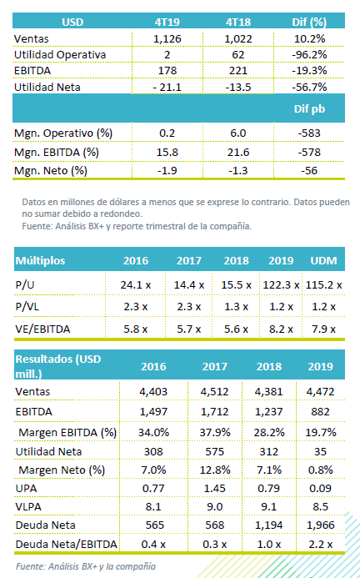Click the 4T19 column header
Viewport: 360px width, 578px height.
167,23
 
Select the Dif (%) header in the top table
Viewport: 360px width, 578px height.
309,23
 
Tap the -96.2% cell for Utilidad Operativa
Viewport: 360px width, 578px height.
309,54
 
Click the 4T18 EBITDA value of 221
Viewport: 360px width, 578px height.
238,70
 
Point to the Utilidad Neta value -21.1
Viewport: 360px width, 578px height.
167,87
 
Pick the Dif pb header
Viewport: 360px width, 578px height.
309,108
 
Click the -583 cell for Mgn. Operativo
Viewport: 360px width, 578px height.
309,133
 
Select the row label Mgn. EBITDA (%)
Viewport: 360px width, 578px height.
57,153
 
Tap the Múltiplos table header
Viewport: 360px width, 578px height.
40,260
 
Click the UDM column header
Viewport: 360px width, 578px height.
323,260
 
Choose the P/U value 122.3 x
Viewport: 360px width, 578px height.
281,285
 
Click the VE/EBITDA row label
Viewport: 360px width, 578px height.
42,329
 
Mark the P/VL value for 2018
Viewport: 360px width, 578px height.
236,307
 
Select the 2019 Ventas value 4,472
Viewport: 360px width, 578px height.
320,391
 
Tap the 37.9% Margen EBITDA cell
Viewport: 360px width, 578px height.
215,432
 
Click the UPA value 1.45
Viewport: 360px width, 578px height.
215,489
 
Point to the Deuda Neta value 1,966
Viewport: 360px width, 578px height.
320,525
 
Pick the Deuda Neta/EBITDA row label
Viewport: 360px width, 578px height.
67,544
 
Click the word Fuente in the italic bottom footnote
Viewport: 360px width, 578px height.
28,566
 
